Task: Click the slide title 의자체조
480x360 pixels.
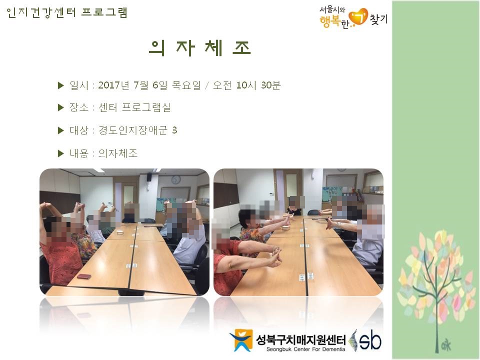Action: (x=199, y=48)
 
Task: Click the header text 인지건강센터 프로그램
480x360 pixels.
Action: (x=66, y=13)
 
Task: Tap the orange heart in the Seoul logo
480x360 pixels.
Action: (x=358, y=17)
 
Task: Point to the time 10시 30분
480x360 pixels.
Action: (x=258, y=85)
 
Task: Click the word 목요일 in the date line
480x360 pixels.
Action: (x=186, y=85)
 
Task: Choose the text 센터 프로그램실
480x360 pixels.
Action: (x=134, y=107)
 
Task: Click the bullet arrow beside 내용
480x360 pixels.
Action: (x=60, y=153)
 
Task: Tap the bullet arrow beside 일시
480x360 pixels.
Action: (x=60, y=85)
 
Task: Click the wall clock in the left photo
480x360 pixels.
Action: (x=175, y=179)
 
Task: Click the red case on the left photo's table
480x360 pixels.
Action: (x=84, y=276)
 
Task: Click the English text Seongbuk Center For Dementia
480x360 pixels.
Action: (x=305, y=349)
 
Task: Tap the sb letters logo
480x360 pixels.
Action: (x=370, y=340)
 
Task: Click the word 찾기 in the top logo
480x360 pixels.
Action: (x=378, y=19)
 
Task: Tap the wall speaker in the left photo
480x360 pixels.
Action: (x=149, y=177)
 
